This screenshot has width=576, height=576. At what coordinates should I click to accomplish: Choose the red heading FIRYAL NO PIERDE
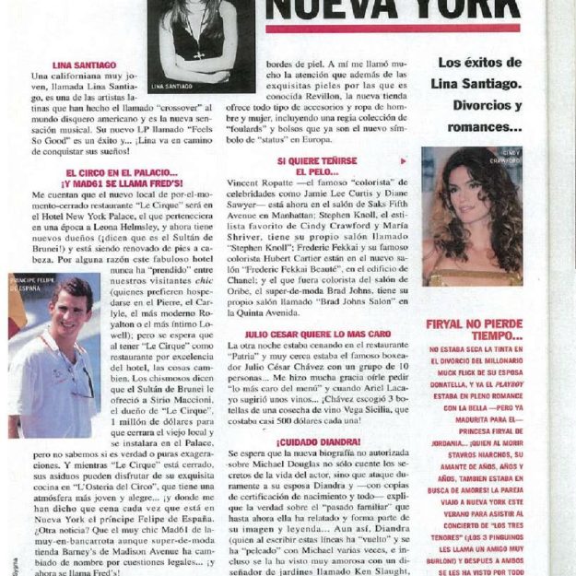(x=475, y=324)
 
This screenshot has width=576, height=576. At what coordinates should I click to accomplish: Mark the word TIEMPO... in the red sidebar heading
(x=474, y=337)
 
